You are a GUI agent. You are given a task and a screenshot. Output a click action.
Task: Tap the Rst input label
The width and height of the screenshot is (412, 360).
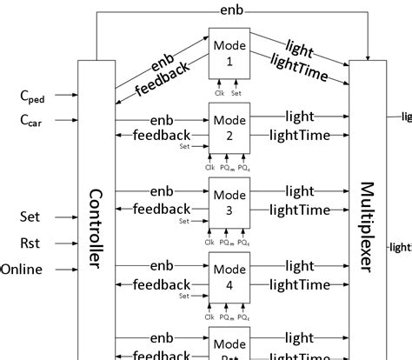click(x=30, y=242)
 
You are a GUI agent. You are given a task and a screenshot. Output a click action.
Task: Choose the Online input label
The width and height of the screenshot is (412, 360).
click(x=22, y=269)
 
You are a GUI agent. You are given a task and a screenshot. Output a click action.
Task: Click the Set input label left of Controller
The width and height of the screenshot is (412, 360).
click(x=30, y=216)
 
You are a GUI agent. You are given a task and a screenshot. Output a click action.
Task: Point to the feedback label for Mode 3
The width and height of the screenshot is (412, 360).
click(x=161, y=209)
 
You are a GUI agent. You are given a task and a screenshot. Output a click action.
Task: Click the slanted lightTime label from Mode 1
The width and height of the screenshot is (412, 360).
click(x=300, y=69)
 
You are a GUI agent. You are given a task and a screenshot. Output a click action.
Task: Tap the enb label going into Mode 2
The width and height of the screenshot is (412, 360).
click(x=161, y=117)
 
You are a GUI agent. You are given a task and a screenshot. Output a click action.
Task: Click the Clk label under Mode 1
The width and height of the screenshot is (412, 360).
click(x=221, y=92)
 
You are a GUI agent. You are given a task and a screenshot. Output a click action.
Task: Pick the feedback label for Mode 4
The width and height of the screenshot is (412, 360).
click(x=161, y=283)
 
